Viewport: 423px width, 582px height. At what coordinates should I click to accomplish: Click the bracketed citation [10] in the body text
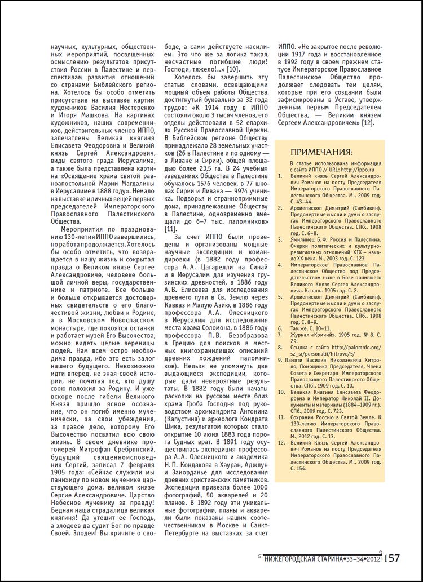pyautogui.click(x=231, y=68)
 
